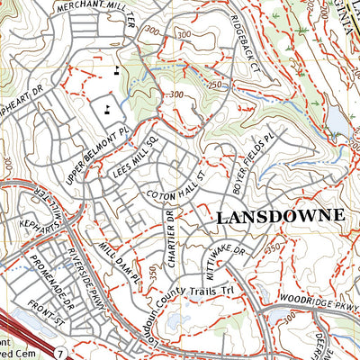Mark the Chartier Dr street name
point(167,235)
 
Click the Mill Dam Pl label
point(120,261)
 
